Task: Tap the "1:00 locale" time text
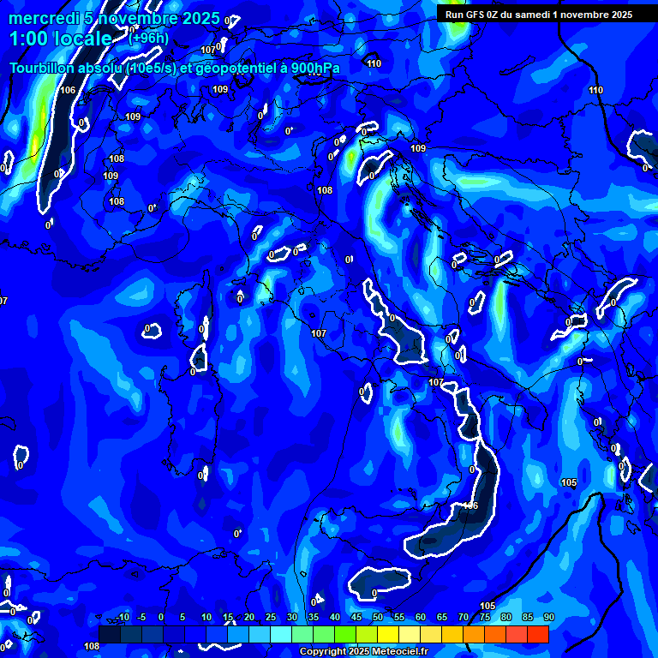tap(60, 39)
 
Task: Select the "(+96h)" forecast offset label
tap(148, 38)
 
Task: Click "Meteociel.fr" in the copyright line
tap(396, 652)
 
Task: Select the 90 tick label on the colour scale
tap(548, 618)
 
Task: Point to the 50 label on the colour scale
tap(378, 618)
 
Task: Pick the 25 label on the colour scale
tap(271, 618)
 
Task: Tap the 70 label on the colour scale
tap(464, 618)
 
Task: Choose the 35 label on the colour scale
tap(314, 618)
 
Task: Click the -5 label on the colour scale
tap(142, 618)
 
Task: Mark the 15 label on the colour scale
tap(228, 618)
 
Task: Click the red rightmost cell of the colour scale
tap(537, 634)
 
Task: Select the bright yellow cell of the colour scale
tap(388, 634)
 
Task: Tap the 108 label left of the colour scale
tap(92, 646)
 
